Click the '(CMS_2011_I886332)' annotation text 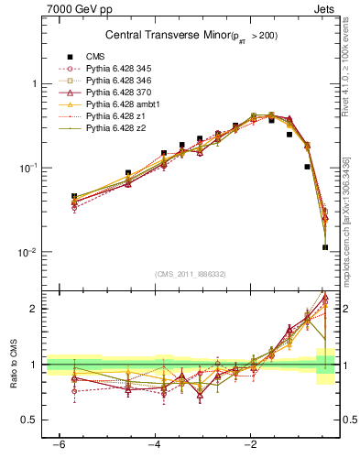(x=191, y=274)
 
